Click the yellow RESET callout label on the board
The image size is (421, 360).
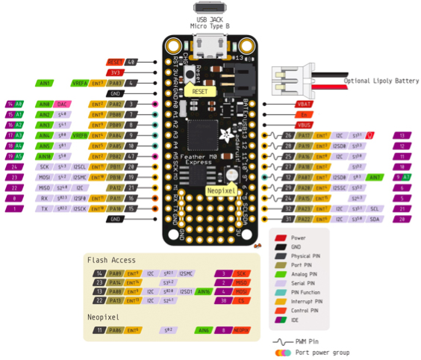tap(200, 90)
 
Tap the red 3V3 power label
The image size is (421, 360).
tap(115, 72)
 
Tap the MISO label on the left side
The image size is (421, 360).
tap(45, 187)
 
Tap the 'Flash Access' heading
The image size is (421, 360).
tap(112, 260)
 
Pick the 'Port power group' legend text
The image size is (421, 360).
tap(322, 351)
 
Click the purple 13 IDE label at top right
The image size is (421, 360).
tap(402, 136)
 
